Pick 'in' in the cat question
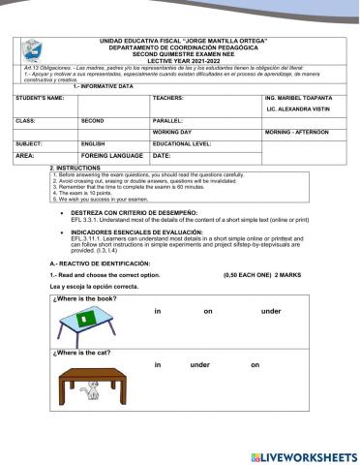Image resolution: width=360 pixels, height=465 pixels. tap(158, 365)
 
